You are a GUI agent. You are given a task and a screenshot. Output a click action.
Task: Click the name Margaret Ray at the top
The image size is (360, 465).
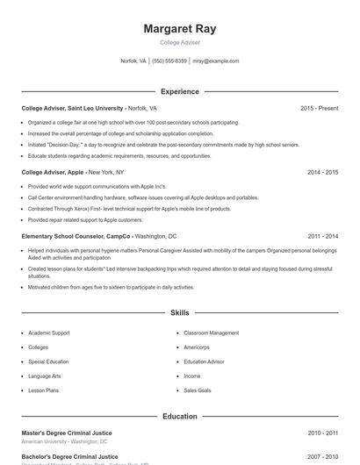179,29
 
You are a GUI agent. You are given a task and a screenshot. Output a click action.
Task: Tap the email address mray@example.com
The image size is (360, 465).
215,61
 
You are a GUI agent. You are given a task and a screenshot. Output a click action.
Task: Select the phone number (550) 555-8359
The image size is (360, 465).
169,61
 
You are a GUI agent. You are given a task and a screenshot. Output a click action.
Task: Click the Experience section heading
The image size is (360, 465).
179,91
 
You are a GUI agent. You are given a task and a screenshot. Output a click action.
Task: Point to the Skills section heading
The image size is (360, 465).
179,312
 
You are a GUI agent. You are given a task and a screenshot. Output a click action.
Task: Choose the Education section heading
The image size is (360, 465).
179,416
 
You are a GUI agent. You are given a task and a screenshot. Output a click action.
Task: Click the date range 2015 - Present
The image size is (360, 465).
319,108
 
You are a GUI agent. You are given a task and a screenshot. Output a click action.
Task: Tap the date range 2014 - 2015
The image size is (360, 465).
322,172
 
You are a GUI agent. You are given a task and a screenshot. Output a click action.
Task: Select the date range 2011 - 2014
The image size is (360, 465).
322,236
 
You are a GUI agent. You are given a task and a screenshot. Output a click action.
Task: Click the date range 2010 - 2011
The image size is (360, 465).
322,433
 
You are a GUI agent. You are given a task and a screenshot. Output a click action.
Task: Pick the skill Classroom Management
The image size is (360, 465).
211,333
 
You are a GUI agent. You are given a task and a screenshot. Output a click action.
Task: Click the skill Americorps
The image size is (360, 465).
197,347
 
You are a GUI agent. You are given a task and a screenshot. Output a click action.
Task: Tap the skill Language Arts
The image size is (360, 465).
44,376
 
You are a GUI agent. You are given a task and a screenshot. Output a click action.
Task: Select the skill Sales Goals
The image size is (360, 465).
197,390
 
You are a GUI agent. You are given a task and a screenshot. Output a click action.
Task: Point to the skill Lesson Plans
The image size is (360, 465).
43,390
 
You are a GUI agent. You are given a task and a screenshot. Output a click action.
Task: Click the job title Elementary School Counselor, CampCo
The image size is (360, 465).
76,236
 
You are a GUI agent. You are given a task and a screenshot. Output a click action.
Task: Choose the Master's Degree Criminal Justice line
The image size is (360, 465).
67,433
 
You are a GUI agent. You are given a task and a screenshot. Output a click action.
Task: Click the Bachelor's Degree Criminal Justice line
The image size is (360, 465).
69,456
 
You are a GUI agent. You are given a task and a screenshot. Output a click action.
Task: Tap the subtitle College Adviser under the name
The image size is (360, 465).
179,42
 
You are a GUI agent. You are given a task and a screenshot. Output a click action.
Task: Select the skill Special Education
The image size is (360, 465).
47,361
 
